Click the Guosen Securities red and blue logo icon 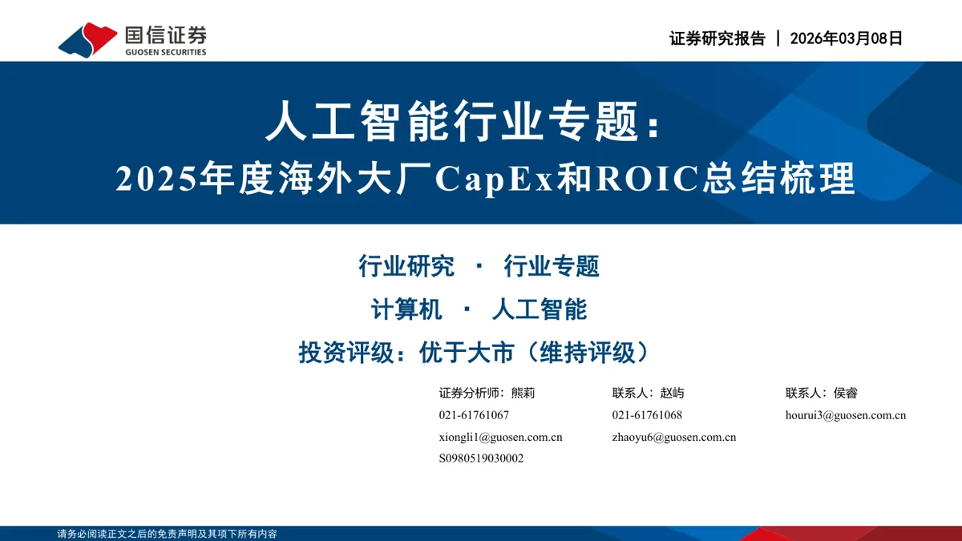(87, 40)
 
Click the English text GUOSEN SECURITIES (166, 52)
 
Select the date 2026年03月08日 (846, 38)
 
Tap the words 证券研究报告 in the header (717, 38)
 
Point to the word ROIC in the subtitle (647, 178)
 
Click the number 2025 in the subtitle (156, 179)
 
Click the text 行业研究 (406, 266)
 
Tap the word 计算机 (406, 309)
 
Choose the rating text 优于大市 (467, 353)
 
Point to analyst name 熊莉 (523, 393)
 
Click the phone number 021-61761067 (474, 415)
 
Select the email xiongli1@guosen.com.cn (500, 437)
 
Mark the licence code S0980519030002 (481, 458)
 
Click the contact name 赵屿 (672, 393)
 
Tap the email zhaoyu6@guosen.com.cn (674, 437)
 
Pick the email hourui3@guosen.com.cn (846, 415)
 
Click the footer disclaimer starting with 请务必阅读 (167, 534)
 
